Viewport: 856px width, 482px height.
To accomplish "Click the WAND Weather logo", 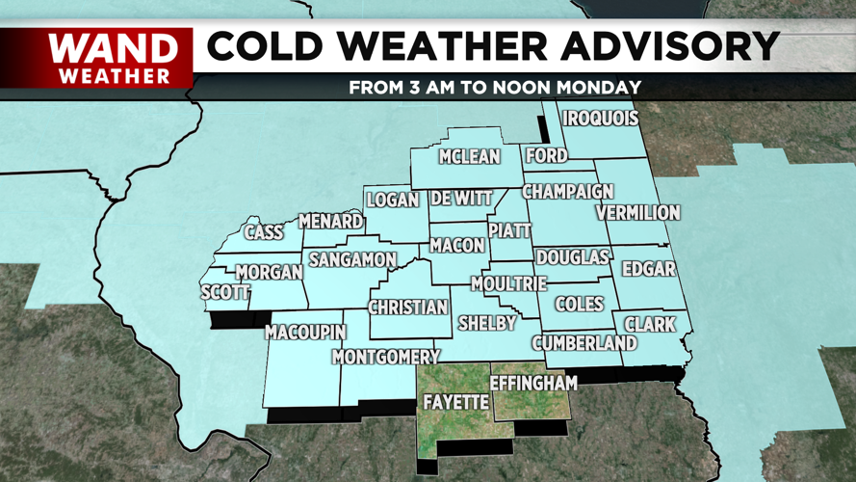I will point(114,58).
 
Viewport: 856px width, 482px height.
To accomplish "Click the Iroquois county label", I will point(601,119).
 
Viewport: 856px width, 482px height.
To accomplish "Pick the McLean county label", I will point(470,157).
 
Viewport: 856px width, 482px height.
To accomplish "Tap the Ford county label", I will point(546,156).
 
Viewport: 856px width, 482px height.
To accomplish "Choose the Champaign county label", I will point(568,192).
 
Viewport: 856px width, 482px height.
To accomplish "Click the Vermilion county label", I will point(637,212).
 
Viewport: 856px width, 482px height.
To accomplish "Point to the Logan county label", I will point(393,200).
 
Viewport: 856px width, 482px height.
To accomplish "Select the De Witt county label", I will point(461,198).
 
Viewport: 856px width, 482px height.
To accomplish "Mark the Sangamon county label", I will point(351,260).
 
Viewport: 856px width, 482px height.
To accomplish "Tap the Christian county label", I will point(408,308).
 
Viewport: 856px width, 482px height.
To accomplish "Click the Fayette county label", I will point(456,402).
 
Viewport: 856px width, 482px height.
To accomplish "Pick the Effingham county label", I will point(533,383).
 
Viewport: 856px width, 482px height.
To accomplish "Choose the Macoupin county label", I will point(305,333).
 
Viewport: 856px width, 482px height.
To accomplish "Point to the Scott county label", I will point(225,292).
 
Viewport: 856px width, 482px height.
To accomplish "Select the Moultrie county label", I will point(508,283).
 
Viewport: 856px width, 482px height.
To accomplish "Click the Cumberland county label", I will point(584,343).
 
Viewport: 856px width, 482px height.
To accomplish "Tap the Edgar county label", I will point(649,269).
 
